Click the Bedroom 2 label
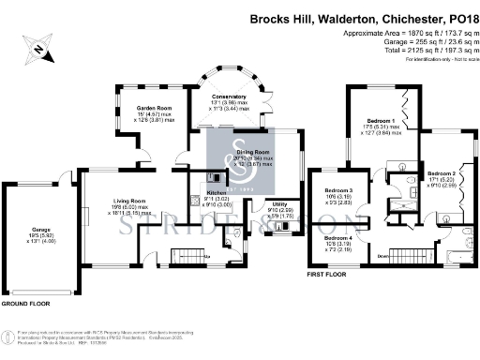[x=442, y=174]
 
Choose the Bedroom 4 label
[x=338, y=239]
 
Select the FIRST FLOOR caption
[x=330, y=276]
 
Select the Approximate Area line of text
[x=406, y=33]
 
